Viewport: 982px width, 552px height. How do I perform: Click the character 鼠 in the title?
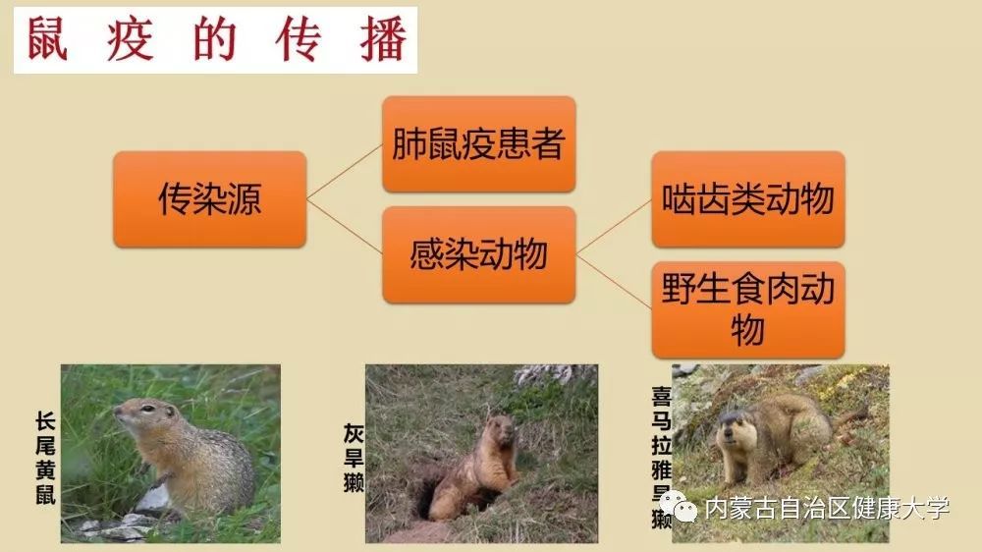pos(47,39)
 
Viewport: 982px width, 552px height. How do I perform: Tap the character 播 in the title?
pos(383,39)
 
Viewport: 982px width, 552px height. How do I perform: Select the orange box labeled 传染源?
pos(210,199)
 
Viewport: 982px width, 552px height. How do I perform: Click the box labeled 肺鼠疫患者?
pos(479,144)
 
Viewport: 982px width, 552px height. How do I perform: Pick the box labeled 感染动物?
pos(479,255)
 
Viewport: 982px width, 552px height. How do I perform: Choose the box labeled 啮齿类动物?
pos(748,199)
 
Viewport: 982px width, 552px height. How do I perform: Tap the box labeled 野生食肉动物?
pos(748,310)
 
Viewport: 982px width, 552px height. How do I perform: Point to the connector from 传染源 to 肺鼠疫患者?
pos(345,172)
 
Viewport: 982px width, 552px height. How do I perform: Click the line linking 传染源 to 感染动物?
pos(345,227)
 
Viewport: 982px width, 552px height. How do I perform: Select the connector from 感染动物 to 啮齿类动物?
pos(614,227)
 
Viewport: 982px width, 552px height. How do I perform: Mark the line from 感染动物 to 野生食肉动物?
pos(614,282)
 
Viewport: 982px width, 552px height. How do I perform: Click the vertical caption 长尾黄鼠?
pos(46,458)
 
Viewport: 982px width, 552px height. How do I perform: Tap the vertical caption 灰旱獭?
pos(354,458)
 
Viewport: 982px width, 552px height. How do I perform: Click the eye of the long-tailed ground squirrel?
pos(147,409)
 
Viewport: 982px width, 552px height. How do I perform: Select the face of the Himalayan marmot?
pos(729,432)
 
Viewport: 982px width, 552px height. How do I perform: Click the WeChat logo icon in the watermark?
pos(677,506)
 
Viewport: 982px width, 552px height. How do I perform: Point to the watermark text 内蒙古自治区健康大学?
pos(827,508)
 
